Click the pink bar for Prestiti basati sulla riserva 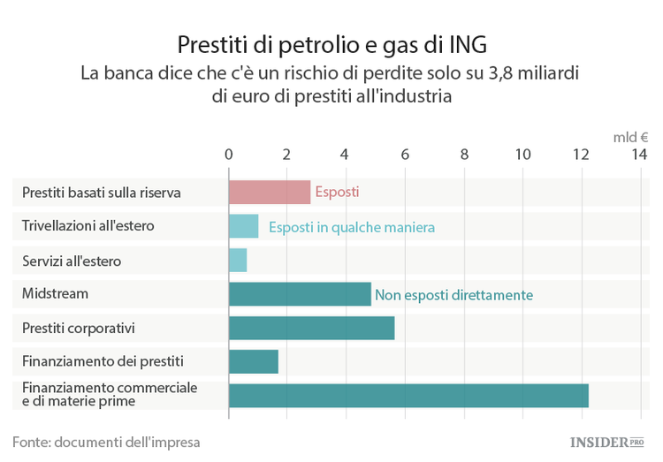pyautogui.click(x=269, y=192)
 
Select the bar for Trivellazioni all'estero pyautogui.click(x=243, y=226)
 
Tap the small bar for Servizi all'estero pyautogui.click(x=237, y=260)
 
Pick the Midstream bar pyautogui.click(x=300, y=294)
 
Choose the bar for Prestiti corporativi pyautogui.click(x=311, y=328)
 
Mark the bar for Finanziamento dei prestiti pyautogui.click(x=253, y=361)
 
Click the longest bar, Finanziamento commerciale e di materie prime pyautogui.click(x=408, y=395)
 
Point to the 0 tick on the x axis pyautogui.click(x=229, y=155)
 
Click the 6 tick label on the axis pyautogui.click(x=405, y=155)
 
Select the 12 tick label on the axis pyautogui.click(x=580, y=155)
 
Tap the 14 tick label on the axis pyautogui.click(x=639, y=155)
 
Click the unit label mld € pyautogui.click(x=631, y=137)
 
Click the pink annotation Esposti pyautogui.click(x=337, y=192)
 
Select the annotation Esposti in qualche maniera pyautogui.click(x=352, y=227)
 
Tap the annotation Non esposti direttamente pyautogui.click(x=453, y=295)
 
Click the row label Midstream pyautogui.click(x=55, y=293)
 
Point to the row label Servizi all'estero pyautogui.click(x=72, y=261)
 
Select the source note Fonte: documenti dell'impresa pyautogui.click(x=106, y=441)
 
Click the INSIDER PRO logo pyautogui.click(x=606, y=440)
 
